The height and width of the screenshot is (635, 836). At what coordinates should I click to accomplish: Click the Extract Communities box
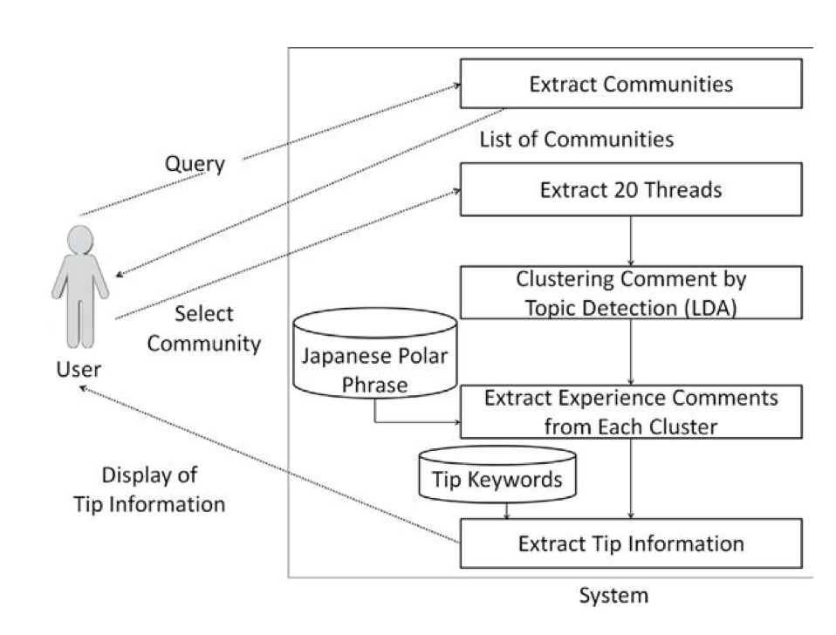(631, 84)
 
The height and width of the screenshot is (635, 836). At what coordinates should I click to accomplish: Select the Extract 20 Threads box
(631, 189)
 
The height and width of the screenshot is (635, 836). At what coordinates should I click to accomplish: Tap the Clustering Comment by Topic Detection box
(631, 292)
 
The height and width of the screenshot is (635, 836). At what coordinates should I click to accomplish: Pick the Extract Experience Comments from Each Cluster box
(631, 411)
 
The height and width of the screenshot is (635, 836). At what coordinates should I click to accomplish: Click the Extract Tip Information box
(631, 543)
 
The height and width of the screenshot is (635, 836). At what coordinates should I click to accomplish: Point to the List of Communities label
(577, 140)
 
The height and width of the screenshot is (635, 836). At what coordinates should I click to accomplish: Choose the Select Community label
(203, 328)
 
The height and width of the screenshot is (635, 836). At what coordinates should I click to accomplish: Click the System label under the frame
(614, 597)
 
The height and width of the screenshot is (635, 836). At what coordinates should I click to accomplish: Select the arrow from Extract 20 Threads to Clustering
(631, 240)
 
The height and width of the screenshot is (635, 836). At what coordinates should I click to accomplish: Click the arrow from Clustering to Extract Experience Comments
(631, 352)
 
